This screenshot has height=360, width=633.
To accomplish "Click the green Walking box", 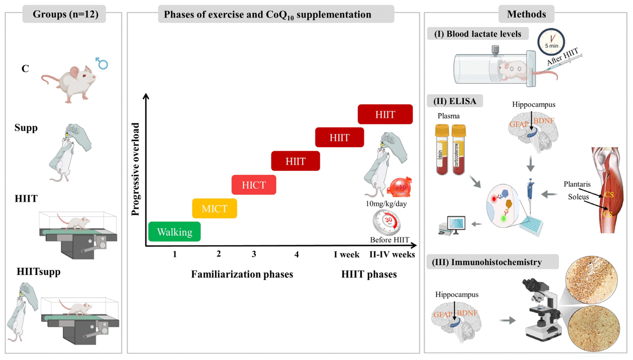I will [174, 232].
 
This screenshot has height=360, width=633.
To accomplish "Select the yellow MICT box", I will [215, 209].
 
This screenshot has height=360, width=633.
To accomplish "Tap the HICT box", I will [254, 185].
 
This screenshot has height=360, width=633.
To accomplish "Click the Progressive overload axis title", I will [136, 169].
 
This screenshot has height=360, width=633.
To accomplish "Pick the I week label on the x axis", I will [346, 255].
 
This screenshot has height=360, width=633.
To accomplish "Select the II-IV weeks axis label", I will [392, 255].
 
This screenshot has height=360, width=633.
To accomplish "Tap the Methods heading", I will [526, 14].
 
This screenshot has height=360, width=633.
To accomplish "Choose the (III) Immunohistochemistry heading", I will [493, 262].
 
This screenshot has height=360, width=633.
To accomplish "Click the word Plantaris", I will [577, 184].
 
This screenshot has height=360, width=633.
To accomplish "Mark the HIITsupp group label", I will [39, 271].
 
